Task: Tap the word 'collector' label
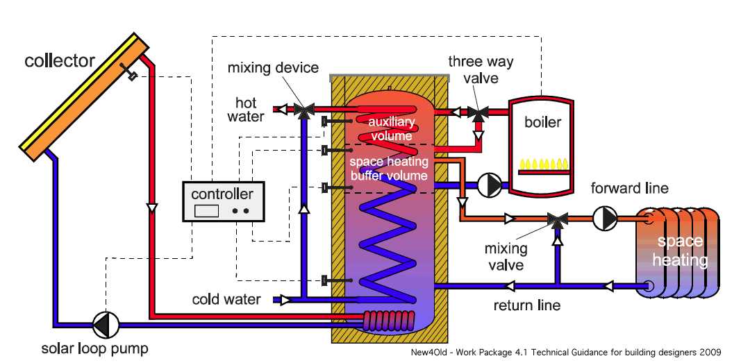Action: (x=60, y=61)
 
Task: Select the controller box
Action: (x=223, y=201)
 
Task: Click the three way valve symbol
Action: (x=477, y=111)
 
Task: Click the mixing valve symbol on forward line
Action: (x=556, y=219)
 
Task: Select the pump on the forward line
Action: (x=604, y=219)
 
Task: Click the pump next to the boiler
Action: (x=490, y=184)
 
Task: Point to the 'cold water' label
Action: (x=226, y=300)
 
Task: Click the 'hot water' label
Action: (x=246, y=110)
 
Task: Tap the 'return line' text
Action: (x=526, y=305)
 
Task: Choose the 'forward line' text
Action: (x=629, y=188)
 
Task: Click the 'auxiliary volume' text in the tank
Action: (x=392, y=129)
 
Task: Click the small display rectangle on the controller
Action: (x=207, y=210)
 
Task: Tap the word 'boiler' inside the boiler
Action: (x=542, y=122)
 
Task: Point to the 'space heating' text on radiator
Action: (x=680, y=251)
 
